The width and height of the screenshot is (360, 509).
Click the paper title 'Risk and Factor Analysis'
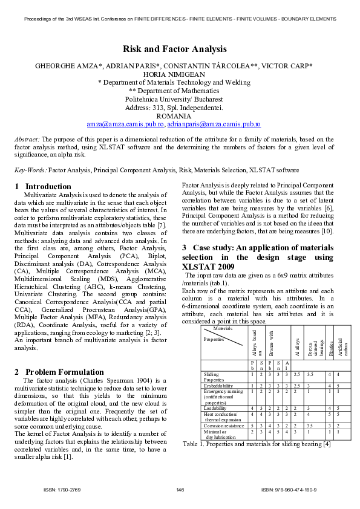click(175, 49)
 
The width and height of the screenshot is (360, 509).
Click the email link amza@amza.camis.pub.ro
click(125, 123)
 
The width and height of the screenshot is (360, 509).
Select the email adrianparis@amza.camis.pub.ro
click(214, 123)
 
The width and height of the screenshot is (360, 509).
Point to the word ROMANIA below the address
click(174, 115)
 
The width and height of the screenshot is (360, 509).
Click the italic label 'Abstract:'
click(27, 140)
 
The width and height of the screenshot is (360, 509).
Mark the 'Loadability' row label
click(216, 409)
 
